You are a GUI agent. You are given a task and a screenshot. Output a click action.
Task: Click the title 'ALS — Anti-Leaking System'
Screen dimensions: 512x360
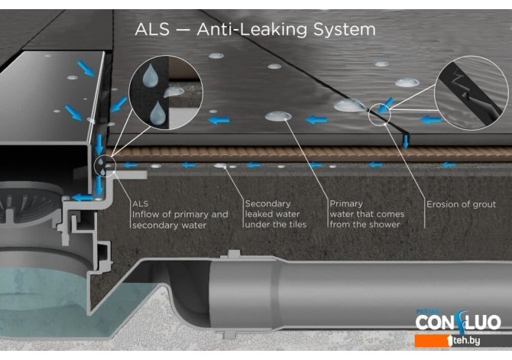[255, 29]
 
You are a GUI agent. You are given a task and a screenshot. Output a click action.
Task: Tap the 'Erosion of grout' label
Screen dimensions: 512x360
[461, 205]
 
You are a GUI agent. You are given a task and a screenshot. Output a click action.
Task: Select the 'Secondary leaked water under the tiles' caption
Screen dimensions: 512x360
[276, 214]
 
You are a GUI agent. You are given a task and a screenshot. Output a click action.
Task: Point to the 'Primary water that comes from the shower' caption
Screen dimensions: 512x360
[367, 214]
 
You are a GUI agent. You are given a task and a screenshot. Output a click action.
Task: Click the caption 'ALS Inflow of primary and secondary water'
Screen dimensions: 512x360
[180, 215]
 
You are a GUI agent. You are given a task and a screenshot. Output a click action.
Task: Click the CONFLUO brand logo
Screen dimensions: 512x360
[458, 322]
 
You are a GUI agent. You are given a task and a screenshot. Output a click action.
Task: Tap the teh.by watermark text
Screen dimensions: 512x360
[466, 340]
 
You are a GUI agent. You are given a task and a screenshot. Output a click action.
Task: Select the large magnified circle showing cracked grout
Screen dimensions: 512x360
[471, 92]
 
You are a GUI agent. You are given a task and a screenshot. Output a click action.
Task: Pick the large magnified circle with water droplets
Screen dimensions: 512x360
[166, 92]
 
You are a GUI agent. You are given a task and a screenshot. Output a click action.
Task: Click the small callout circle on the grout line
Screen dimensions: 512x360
[380, 114]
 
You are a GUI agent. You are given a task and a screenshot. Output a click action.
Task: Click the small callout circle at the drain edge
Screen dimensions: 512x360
[105, 166]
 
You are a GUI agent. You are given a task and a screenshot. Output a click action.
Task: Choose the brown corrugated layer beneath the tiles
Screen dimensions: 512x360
[307, 154]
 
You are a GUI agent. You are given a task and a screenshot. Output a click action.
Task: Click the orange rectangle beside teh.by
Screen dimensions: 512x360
[431, 341]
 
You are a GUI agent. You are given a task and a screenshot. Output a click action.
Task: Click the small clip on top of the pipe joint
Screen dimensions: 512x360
[234, 255]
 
